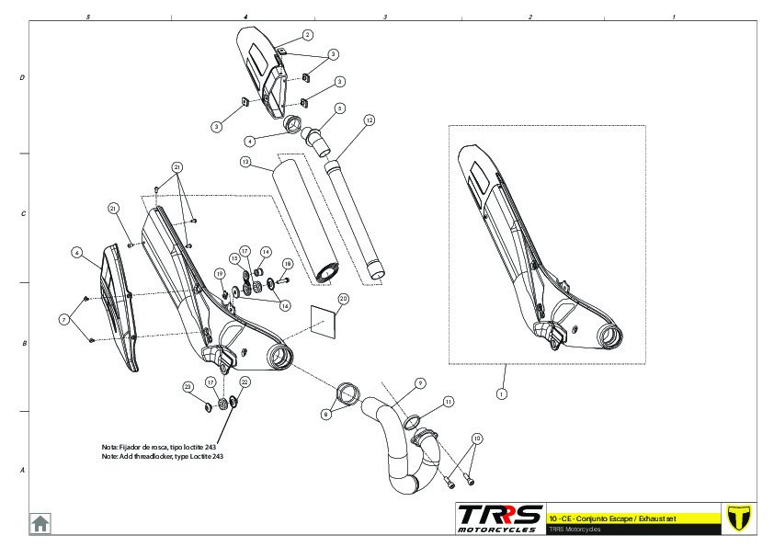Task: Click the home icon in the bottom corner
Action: pyautogui.click(x=40, y=522)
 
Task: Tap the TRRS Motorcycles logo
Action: pyautogui.click(x=498, y=518)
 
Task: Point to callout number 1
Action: pyautogui.click(x=502, y=393)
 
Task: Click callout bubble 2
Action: pyautogui.click(x=307, y=34)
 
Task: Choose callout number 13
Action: pyautogui.click(x=245, y=162)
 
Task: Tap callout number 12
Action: pyautogui.click(x=369, y=120)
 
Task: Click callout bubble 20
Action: pyautogui.click(x=344, y=298)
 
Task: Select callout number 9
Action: pyautogui.click(x=419, y=382)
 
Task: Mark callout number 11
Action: pyautogui.click(x=448, y=402)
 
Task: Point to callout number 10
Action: pyautogui.click(x=476, y=439)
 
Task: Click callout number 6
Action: pyautogui.click(x=77, y=252)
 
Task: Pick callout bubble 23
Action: pyautogui.click(x=187, y=387)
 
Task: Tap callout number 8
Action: pyautogui.click(x=325, y=415)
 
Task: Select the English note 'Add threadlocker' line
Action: pyautogui.click(x=162, y=456)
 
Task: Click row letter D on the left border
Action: pyautogui.click(x=22, y=78)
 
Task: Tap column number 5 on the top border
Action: pyautogui.click(x=87, y=17)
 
